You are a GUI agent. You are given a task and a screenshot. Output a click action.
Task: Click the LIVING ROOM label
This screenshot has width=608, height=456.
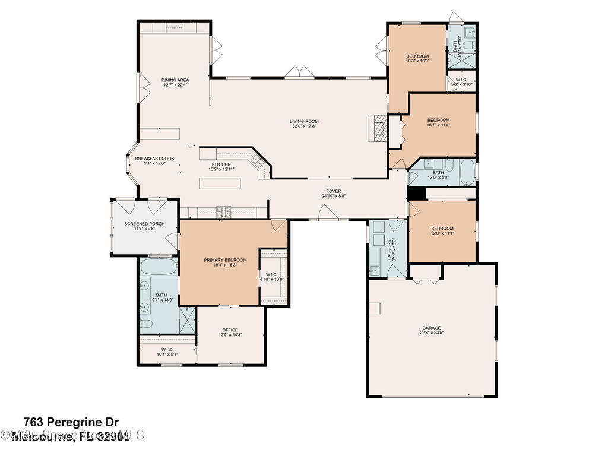click(304, 121)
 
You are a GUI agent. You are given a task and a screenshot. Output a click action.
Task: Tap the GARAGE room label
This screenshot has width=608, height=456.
click(431, 328)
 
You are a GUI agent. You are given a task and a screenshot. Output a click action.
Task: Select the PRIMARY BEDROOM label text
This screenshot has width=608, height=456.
click(225, 260)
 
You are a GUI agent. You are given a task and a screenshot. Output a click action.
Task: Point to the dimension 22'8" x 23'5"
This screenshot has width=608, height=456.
click(431, 333)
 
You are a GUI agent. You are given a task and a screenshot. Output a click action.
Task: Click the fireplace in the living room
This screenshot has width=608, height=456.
click(378, 128)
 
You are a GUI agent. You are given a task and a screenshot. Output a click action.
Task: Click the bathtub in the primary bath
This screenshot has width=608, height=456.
click(159, 267)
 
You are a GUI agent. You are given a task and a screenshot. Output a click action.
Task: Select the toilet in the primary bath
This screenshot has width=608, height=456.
click(146, 324)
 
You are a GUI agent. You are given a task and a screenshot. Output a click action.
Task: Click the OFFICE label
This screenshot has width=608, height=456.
click(230, 330)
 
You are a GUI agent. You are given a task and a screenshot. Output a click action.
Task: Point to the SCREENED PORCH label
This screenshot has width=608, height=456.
click(144, 224)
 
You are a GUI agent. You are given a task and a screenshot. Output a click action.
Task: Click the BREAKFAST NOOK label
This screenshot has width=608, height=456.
click(154, 159)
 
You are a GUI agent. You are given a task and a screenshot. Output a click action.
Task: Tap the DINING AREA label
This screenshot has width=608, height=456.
click(175, 80)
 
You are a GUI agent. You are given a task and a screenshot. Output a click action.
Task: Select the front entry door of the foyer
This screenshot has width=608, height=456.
click(325, 212)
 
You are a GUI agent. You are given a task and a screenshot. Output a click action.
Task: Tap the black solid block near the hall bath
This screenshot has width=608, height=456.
click(417, 194)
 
